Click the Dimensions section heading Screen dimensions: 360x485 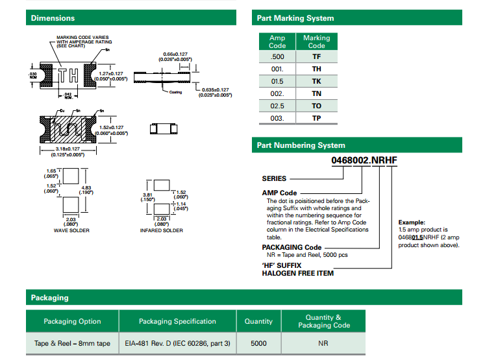click(53, 18)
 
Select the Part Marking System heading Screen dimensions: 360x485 click(295, 18)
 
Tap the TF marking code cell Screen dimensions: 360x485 click(316, 56)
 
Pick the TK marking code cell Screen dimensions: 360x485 click(316, 81)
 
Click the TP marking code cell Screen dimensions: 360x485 click(316, 119)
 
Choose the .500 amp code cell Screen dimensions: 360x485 click(277, 56)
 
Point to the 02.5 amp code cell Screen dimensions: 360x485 click(277, 106)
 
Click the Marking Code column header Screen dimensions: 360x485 click(316, 42)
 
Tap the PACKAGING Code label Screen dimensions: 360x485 click(292, 247)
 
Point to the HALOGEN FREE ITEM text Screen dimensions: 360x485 click(297, 273)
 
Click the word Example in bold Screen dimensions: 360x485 click(412, 222)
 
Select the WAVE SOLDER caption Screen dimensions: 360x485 click(71, 231)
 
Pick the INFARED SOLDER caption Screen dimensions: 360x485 click(162, 231)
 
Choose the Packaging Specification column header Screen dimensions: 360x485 click(177, 321)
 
